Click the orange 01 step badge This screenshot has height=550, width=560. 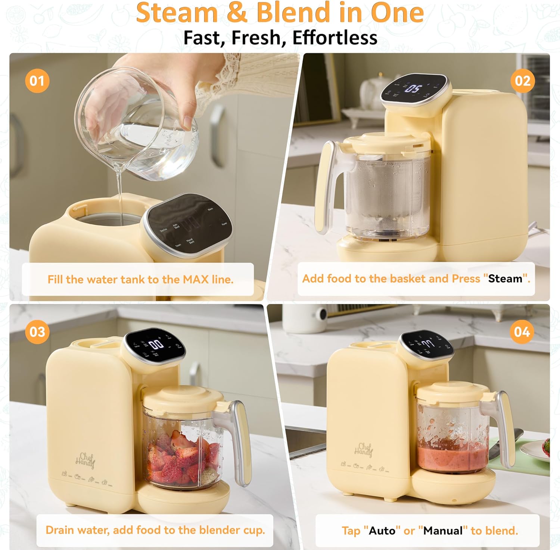click(x=37, y=81)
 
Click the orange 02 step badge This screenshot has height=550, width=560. click(x=522, y=81)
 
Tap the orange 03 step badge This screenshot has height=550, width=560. click(x=37, y=332)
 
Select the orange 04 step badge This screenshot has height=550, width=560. click(x=522, y=332)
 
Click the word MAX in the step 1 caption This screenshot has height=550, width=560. click(x=195, y=279)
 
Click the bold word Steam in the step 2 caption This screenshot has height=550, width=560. click(x=505, y=279)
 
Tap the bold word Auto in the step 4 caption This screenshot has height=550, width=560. click(x=382, y=531)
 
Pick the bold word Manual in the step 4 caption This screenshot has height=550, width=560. click(x=443, y=531)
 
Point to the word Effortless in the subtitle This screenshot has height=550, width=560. click(x=335, y=38)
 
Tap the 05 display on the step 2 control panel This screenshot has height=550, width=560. click(x=414, y=89)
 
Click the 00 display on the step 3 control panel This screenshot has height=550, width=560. click(x=156, y=344)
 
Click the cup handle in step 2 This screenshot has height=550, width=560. click(x=324, y=186)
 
